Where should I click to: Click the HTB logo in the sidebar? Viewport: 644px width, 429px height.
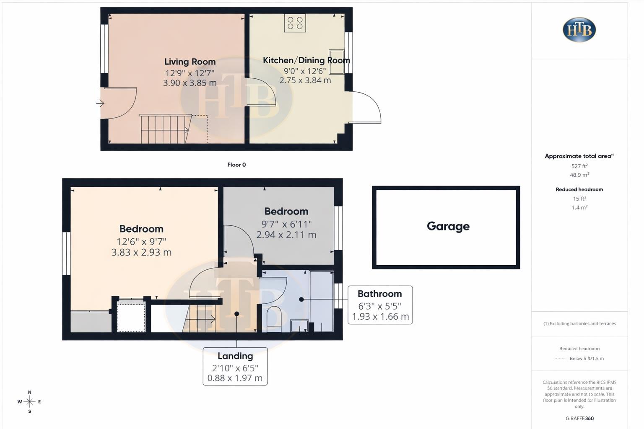tap(579, 30)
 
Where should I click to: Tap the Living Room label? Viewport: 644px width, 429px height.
tap(190, 62)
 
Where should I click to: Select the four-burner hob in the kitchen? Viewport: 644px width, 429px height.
tap(295, 23)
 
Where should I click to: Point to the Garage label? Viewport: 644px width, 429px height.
tap(448, 226)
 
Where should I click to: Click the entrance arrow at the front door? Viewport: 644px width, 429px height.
tap(100, 103)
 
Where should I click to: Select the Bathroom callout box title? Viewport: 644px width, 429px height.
tap(379, 294)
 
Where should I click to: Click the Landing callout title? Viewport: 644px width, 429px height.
tap(235, 356)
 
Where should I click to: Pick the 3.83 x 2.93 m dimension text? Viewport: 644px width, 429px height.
tap(141, 252)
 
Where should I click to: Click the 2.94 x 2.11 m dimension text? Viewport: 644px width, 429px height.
tap(286, 235)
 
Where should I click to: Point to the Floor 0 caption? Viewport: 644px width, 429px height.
tap(236, 165)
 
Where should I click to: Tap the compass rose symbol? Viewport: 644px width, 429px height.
tap(29, 402)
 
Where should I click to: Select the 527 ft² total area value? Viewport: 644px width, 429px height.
tap(579, 166)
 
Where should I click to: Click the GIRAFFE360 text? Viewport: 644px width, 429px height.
tap(579, 418)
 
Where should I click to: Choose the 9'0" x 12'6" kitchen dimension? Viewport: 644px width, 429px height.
tap(305, 71)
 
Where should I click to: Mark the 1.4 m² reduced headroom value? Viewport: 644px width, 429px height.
tap(579, 207)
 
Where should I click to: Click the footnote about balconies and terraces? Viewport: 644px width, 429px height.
tap(579, 323)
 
